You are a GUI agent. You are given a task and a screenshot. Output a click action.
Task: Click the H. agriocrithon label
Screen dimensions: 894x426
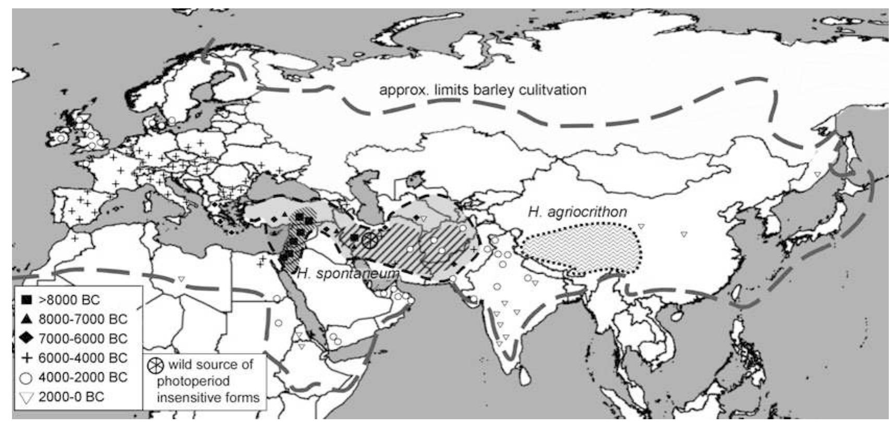577,212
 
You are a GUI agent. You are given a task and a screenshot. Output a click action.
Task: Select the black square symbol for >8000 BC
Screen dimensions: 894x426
27,300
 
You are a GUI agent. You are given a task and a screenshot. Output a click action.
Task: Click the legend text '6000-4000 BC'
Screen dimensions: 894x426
83,358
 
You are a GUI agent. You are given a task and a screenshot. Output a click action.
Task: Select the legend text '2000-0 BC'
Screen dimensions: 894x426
71,397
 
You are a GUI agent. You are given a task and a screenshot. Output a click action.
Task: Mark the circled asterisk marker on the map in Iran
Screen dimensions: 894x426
369,240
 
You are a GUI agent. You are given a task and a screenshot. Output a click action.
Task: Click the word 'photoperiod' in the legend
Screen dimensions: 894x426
193,381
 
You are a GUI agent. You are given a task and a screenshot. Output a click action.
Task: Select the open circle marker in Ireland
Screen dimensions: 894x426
61,138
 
